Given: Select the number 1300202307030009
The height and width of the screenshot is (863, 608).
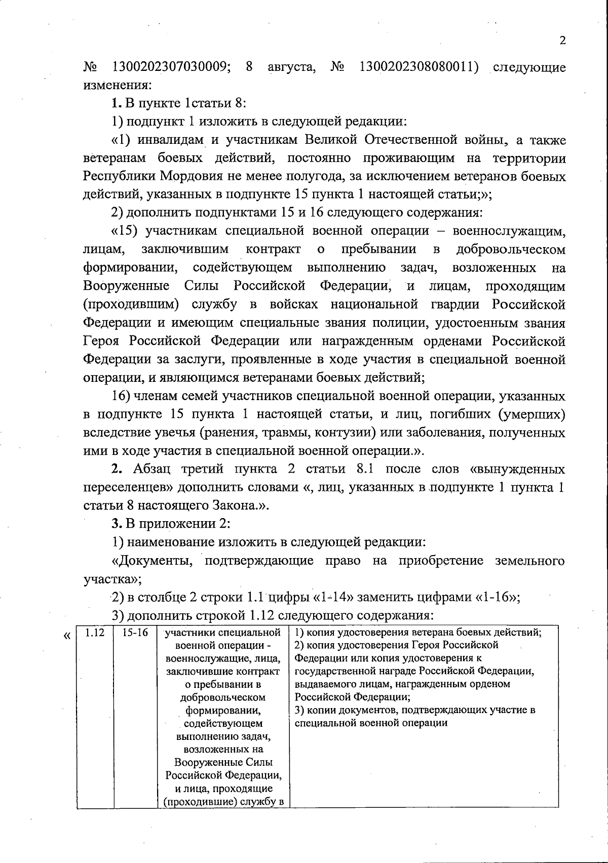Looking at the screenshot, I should (169, 67).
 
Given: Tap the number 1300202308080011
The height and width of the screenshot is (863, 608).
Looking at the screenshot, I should (420, 67).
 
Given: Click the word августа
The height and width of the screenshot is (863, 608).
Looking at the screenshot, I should (292, 67).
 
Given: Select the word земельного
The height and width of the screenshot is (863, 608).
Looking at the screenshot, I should (530, 561).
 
